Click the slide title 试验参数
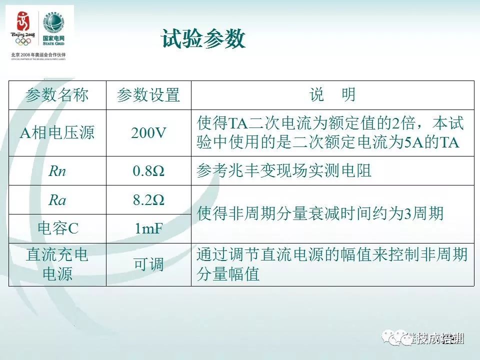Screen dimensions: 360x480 [x=203, y=39]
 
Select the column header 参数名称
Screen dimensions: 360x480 [x=57, y=95]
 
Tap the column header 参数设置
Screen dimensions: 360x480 [x=148, y=95]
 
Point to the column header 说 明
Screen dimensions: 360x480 [x=332, y=95]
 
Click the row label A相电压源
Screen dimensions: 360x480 [x=57, y=133]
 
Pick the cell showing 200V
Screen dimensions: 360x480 [x=148, y=133]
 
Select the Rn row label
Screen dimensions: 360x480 [x=57, y=171]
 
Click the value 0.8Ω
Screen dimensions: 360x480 [x=148, y=171]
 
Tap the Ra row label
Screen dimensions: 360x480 [x=57, y=200]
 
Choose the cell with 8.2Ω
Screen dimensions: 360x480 [x=148, y=200]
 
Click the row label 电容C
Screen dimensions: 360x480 [x=57, y=228]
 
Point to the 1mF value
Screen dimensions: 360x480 [x=148, y=228]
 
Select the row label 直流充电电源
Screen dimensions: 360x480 [x=57, y=264]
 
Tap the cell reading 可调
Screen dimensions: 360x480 [x=148, y=264]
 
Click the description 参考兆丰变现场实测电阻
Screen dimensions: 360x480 [x=284, y=171]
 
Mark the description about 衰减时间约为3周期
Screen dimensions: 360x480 [x=320, y=214]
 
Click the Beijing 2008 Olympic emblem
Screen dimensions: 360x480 [x=23, y=27]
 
